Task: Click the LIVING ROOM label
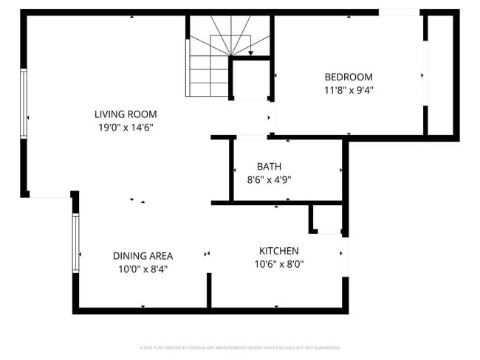(x=126, y=114)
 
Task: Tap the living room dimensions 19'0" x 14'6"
(x=126, y=128)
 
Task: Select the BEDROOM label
(x=349, y=77)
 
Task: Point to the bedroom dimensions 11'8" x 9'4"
(x=349, y=90)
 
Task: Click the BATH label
(x=269, y=167)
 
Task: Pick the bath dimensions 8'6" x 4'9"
(x=269, y=179)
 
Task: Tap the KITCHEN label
(x=278, y=251)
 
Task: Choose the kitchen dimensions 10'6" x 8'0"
(x=278, y=264)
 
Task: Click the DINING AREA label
(x=143, y=256)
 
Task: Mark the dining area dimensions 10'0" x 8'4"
(x=143, y=269)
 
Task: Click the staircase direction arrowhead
(x=251, y=53)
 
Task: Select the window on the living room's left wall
(x=24, y=103)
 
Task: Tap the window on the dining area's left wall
(x=75, y=243)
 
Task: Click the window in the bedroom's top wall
(x=399, y=13)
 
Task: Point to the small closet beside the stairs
(x=251, y=80)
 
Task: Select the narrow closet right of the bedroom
(x=442, y=74)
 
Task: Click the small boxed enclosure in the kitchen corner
(x=326, y=219)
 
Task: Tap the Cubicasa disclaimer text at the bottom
(x=239, y=347)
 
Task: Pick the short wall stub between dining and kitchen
(x=209, y=289)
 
